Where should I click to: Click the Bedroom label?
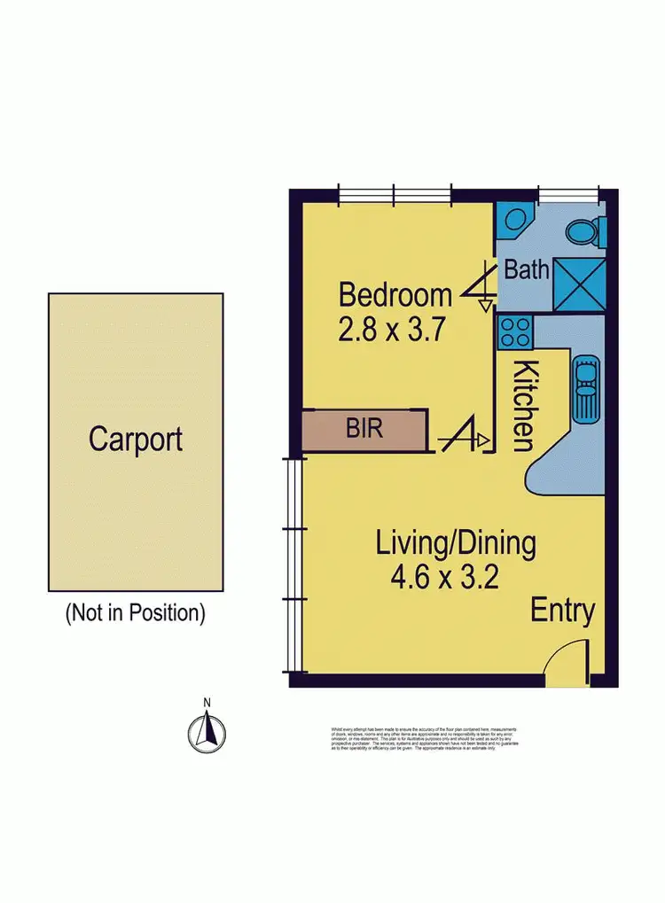pos(395,293)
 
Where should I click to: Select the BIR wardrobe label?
pos(364,430)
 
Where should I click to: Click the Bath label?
pos(527,269)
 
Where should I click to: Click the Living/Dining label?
pos(455,542)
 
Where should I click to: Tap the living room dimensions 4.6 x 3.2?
pos(444,578)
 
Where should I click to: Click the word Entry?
pos(562,611)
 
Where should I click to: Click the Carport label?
pos(136,440)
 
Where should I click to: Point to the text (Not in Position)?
pos(136,612)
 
